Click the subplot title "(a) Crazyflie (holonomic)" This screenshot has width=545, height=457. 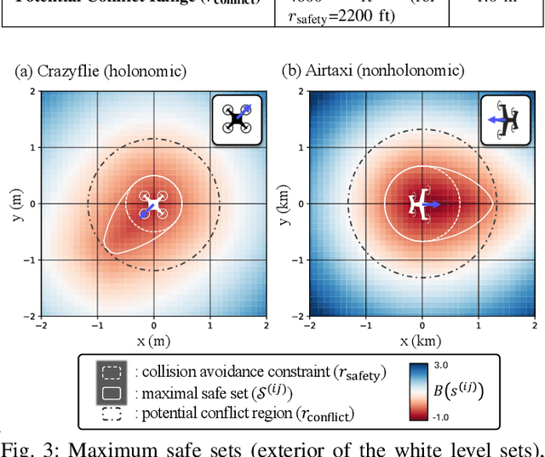point(100,71)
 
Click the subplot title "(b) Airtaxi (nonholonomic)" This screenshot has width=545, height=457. point(373,71)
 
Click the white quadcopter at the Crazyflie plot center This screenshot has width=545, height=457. point(154,204)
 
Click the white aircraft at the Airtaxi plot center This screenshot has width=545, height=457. point(419,204)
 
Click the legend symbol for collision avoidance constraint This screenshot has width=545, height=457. point(111,372)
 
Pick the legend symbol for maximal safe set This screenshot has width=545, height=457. point(111,393)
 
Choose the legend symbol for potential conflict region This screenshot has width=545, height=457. point(111,414)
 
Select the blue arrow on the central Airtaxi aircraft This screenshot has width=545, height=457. point(431,204)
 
